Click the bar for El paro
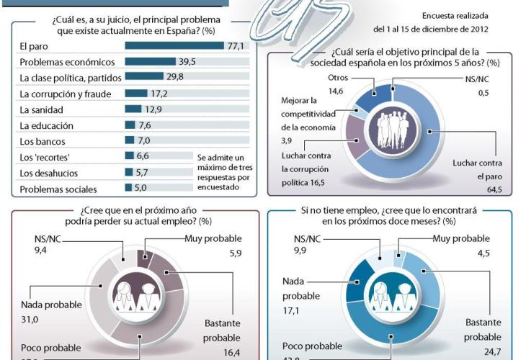[174, 46]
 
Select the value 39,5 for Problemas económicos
[187, 62]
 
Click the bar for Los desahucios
[129, 173]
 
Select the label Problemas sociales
[58, 189]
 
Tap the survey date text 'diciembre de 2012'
[458, 30]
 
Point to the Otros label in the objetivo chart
[339, 77]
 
